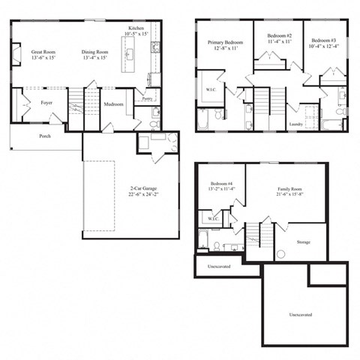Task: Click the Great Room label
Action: point(44,52)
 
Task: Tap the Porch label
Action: point(45,136)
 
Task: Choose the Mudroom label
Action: point(113,104)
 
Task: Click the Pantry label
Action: point(147,98)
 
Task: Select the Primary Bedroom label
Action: point(225,43)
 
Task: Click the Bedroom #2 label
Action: point(279,36)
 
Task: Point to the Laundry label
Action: point(296,124)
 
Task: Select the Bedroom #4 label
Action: point(221,183)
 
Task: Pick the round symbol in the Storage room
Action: point(280,254)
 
